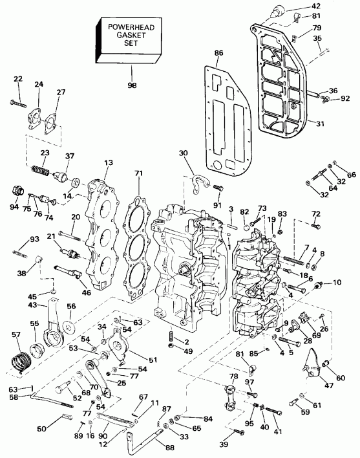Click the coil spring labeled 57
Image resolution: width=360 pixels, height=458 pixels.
pyautogui.click(x=19, y=356)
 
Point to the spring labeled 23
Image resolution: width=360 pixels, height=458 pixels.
pyautogui.click(x=41, y=171)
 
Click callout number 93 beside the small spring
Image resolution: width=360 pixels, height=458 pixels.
pyautogui.click(x=17, y=239)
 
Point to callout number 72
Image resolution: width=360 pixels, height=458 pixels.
pyautogui.click(x=316, y=213)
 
